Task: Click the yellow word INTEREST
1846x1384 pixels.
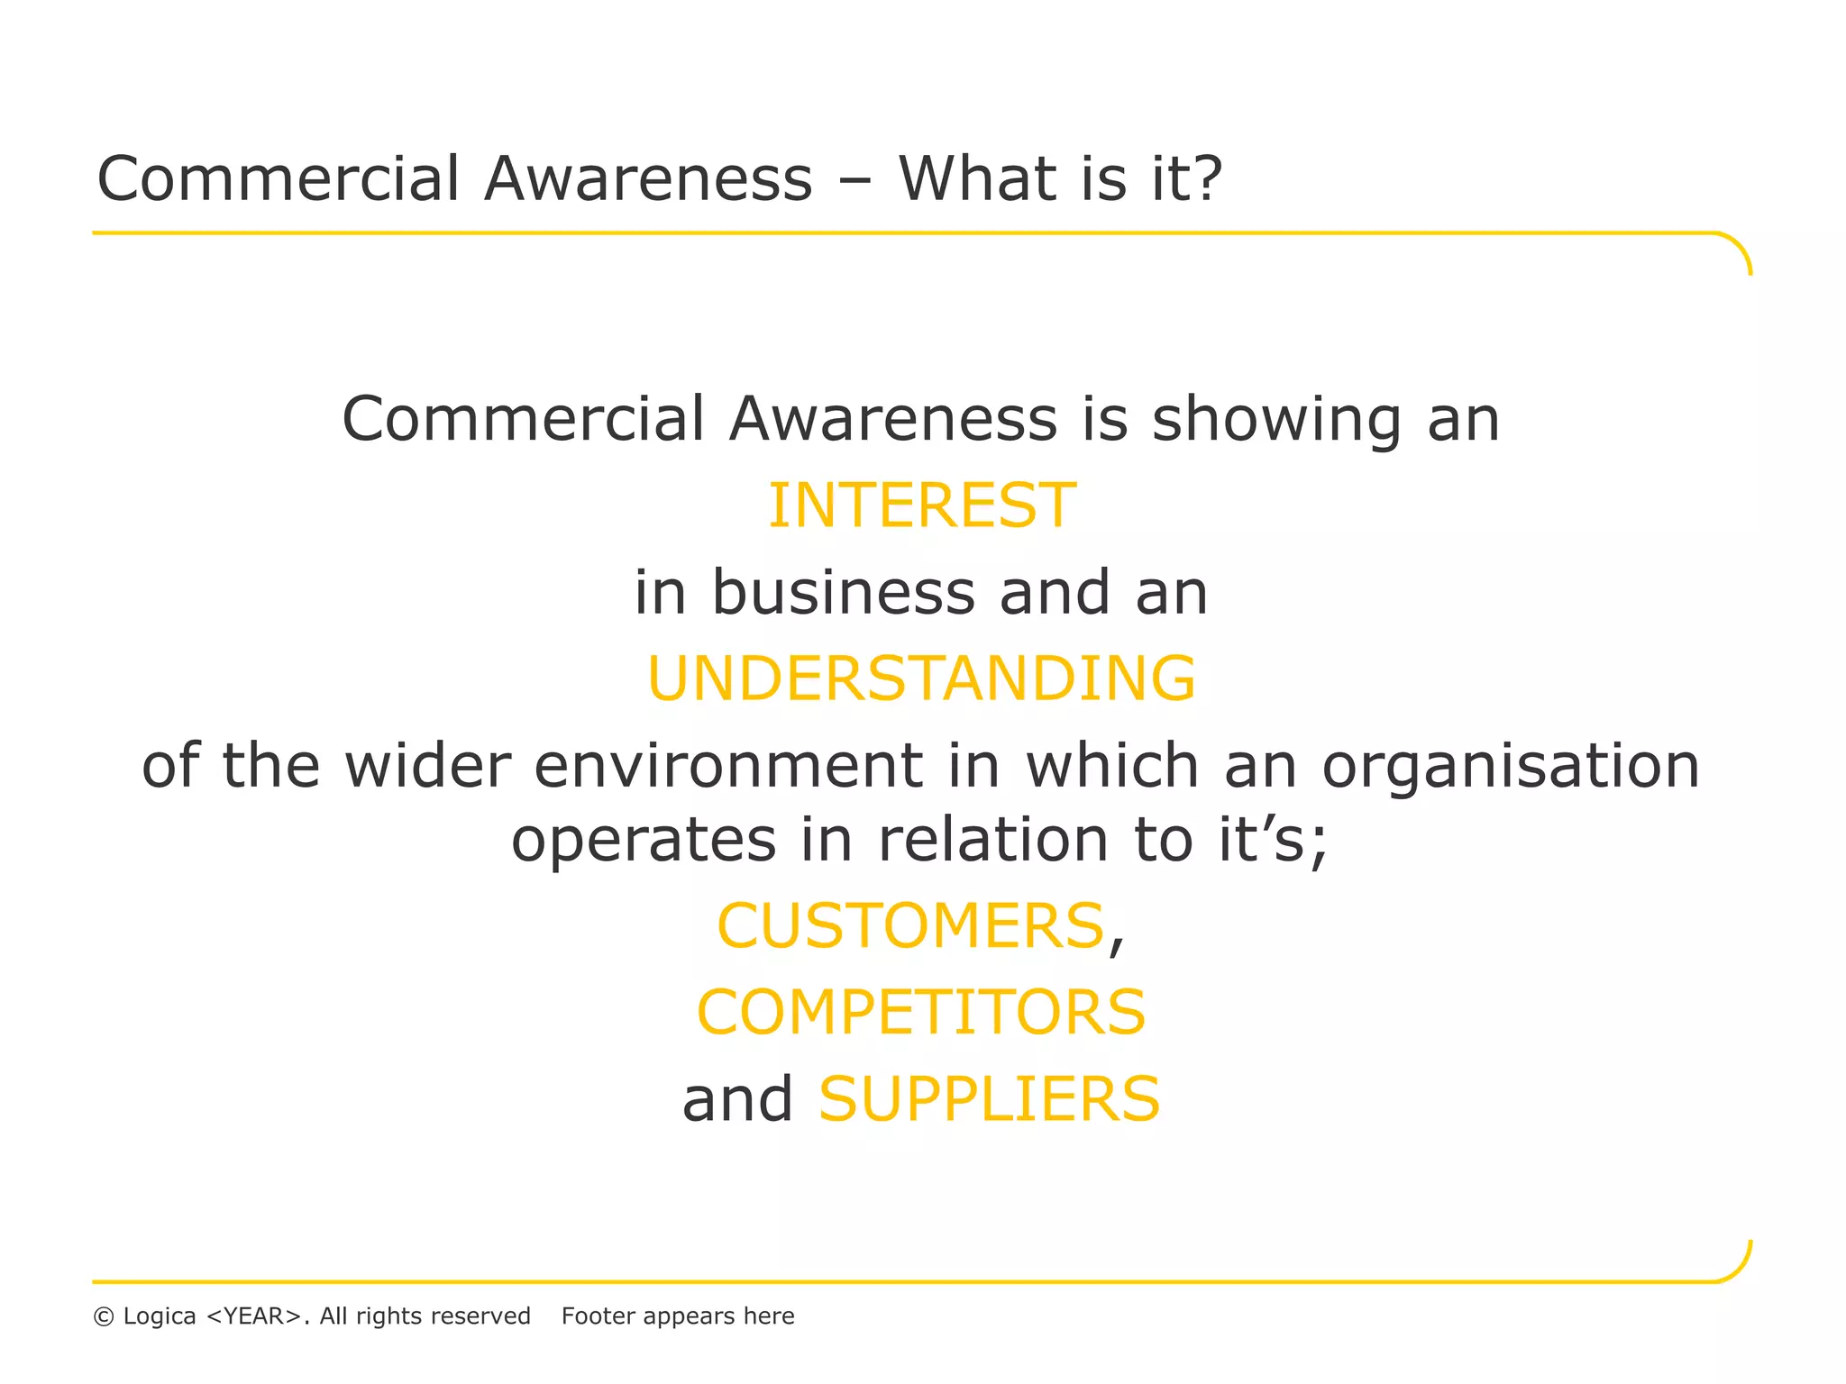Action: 921,505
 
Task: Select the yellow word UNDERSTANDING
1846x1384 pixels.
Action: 921,678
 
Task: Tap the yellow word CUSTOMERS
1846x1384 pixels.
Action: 910,926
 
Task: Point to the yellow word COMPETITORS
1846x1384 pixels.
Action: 921,1013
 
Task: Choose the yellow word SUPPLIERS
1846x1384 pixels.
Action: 989,1099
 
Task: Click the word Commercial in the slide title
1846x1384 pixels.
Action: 279,178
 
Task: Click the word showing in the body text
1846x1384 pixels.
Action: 1277,422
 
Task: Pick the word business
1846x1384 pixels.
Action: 844,593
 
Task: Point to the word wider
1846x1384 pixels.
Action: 428,766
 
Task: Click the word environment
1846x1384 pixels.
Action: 728,766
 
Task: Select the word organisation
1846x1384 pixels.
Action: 1511,766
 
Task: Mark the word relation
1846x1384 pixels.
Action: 992,840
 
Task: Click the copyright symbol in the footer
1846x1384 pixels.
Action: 104,1317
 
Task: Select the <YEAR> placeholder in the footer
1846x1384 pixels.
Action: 253,1316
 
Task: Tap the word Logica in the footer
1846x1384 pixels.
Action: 160,1316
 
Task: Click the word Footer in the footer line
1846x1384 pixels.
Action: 599,1316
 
